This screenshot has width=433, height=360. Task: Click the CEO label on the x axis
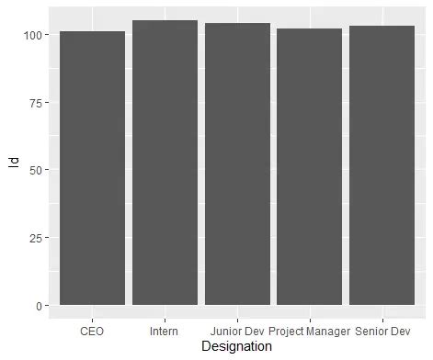pos(92,330)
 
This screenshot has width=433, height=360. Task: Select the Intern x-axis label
pos(165,330)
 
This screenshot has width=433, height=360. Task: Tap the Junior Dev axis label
pos(237,330)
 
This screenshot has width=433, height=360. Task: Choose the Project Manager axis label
pos(309,330)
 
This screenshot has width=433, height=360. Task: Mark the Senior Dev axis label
pos(382,330)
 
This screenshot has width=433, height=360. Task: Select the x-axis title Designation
pos(237,347)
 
